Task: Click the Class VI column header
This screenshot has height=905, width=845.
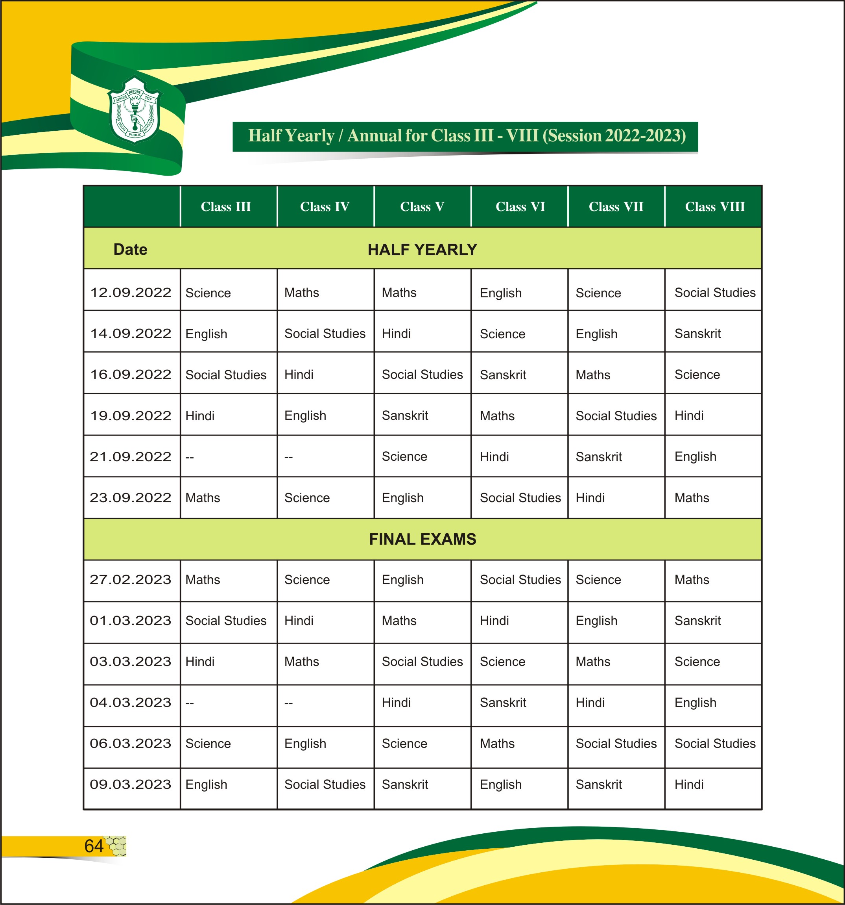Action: (520, 207)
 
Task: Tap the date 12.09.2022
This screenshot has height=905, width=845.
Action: (131, 292)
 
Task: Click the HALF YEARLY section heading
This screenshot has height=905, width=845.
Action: (422, 249)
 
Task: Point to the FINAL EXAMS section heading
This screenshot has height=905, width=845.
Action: (422, 539)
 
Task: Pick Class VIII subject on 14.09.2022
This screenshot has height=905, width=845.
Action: (697, 334)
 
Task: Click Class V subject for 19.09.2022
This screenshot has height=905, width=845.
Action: (405, 415)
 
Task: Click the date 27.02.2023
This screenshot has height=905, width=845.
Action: (131, 580)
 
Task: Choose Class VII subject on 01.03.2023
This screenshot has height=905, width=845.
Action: (596, 621)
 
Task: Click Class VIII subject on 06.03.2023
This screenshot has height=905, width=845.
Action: (714, 744)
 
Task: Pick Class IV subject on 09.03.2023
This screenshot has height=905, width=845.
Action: (325, 784)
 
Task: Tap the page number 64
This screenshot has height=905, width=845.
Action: (94, 846)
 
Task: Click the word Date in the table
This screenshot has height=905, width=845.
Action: (131, 249)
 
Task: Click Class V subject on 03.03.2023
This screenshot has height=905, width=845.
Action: (422, 662)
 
